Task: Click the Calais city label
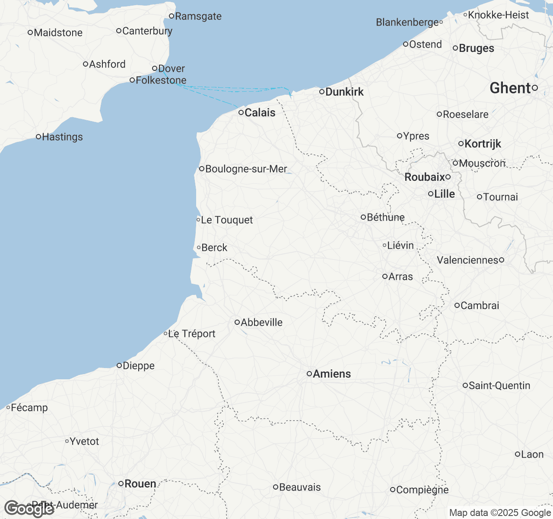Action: point(260,112)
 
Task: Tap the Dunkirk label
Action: point(344,92)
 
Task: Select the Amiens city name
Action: point(332,374)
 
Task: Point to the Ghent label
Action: point(510,88)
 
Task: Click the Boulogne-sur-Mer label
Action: point(246,169)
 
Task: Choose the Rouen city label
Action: point(140,484)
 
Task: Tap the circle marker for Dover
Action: point(155,68)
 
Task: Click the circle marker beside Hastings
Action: point(38,137)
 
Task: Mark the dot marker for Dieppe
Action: point(119,365)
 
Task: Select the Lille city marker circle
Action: point(431,194)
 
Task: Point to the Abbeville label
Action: point(261,322)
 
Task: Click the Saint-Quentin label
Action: point(499,385)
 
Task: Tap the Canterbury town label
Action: point(147,31)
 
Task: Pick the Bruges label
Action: point(477,48)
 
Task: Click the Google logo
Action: point(29,509)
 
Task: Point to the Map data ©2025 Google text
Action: point(500,513)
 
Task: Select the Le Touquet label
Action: point(227,220)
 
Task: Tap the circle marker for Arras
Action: point(385,276)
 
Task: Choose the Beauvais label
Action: point(300,487)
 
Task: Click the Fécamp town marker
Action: point(8,407)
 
